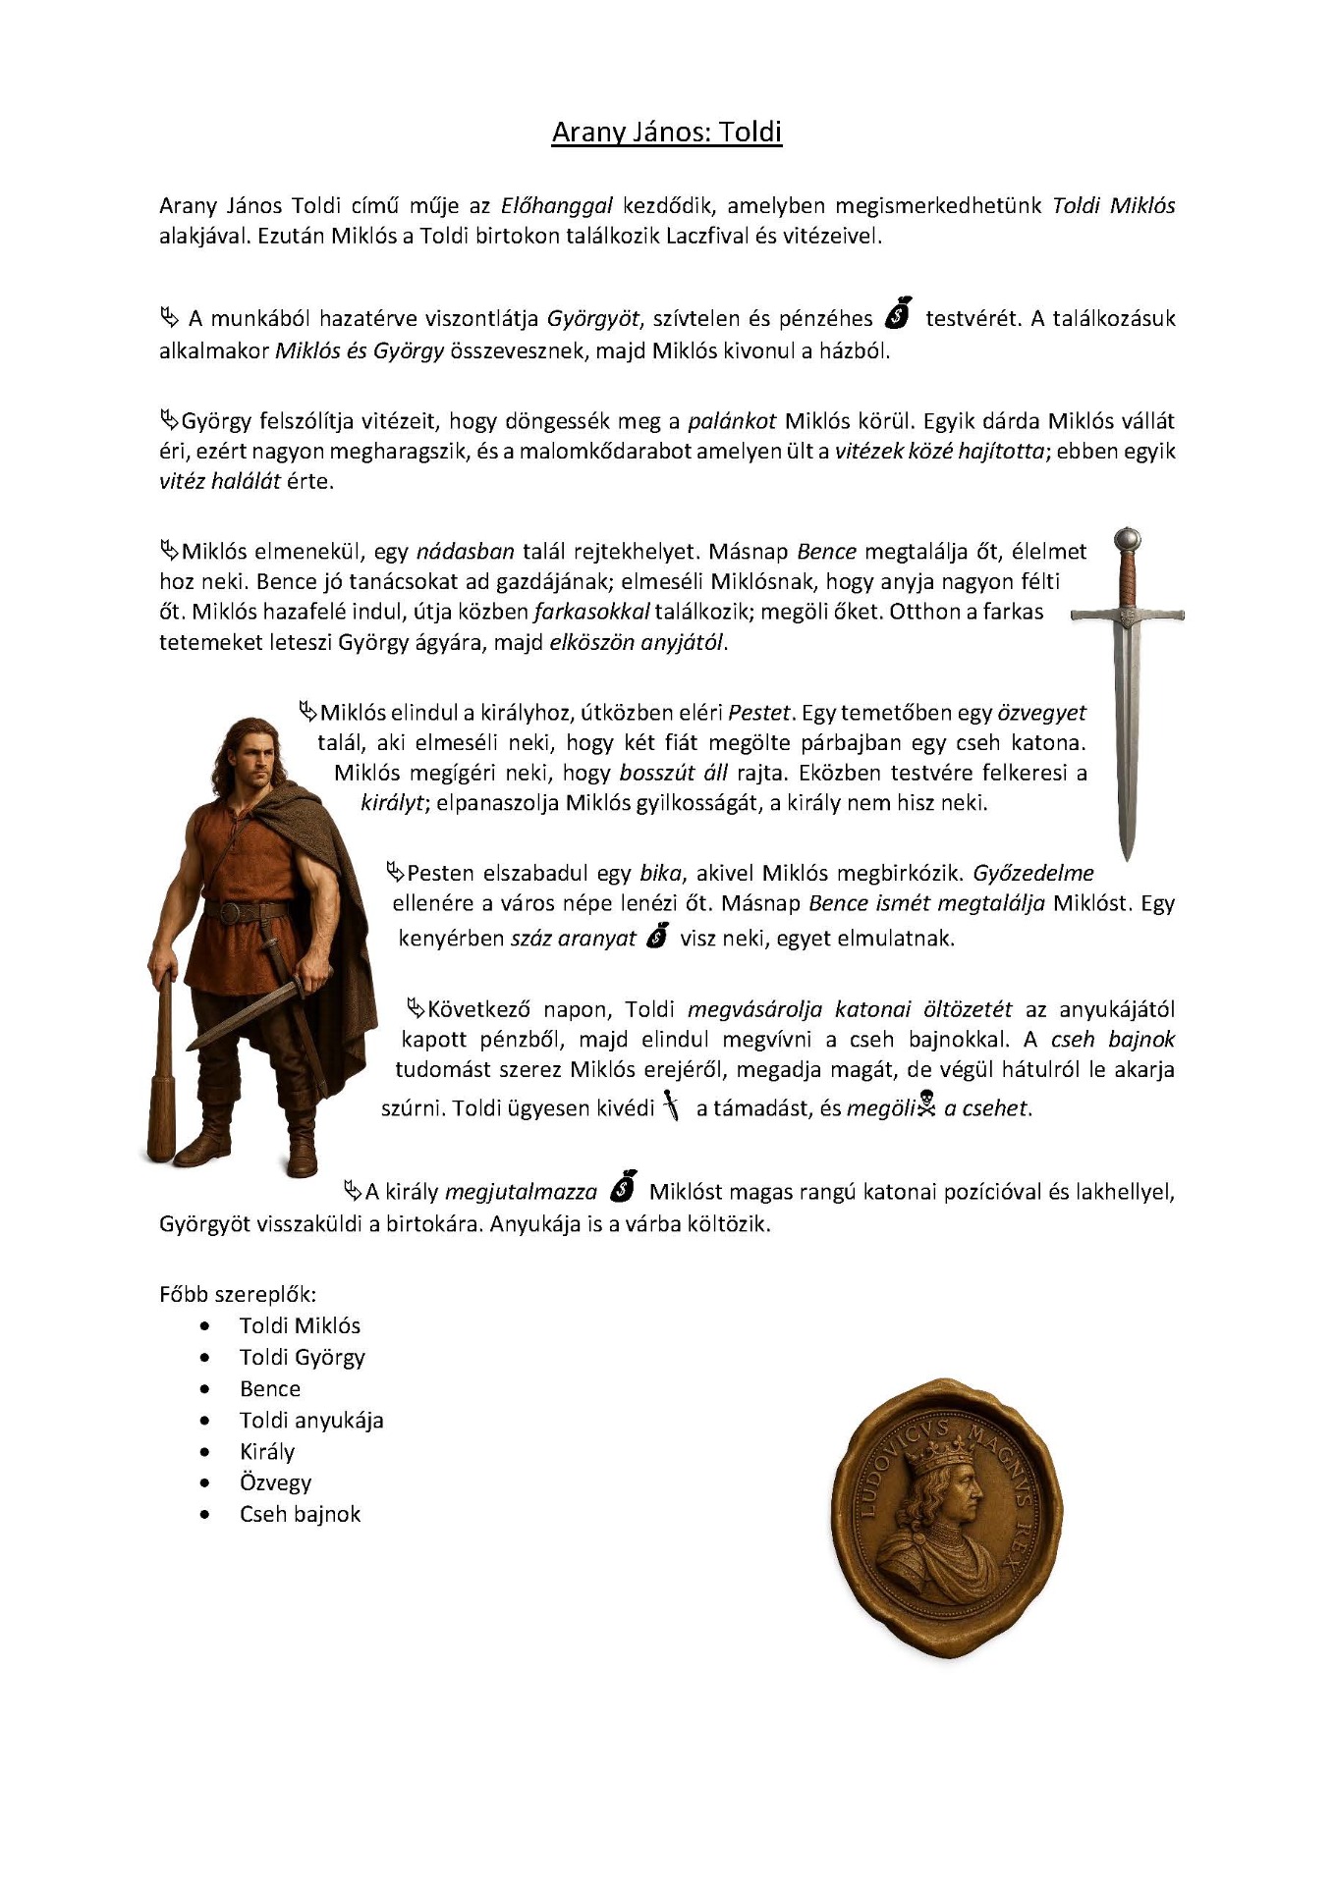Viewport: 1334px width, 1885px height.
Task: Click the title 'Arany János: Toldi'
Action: click(x=666, y=133)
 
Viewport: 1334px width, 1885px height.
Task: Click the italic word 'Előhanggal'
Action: click(x=556, y=206)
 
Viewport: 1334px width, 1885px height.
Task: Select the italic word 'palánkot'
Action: click(x=732, y=421)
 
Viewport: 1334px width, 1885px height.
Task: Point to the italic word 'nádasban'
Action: click(x=465, y=552)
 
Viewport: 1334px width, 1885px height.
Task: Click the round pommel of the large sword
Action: click(x=1128, y=539)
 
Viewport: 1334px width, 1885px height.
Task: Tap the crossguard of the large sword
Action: click(x=1128, y=616)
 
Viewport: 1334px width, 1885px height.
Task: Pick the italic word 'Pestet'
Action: click(x=758, y=713)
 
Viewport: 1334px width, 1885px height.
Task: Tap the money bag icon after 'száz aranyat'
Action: click(x=657, y=937)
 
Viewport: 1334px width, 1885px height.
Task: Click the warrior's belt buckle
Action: click(x=230, y=913)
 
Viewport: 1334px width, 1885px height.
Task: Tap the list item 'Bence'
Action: click(x=270, y=1389)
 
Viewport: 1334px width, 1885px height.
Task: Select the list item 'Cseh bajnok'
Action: click(x=300, y=1515)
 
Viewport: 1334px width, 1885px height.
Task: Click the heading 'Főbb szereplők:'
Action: click(x=238, y=1294)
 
